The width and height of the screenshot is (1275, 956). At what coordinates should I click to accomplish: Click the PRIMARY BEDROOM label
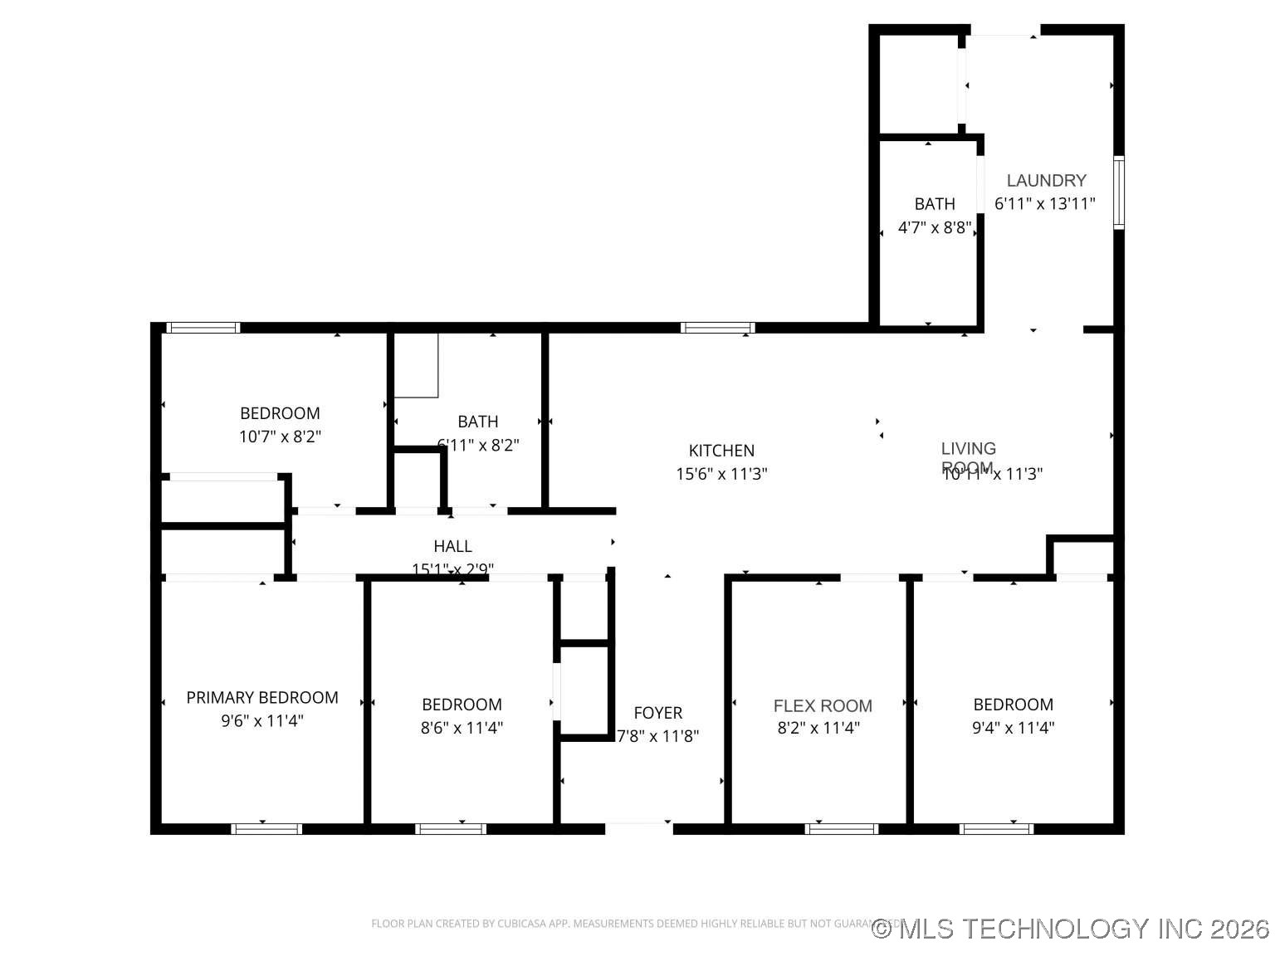coord(262,698)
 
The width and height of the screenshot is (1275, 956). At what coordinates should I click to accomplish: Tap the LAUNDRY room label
coord(1046,181)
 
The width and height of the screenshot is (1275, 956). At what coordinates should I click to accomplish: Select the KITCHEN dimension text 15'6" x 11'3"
coord(721,474)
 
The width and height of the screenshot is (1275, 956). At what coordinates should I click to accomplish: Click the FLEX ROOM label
coord(823,706)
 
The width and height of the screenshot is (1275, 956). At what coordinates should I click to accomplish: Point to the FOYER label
coord(657,713)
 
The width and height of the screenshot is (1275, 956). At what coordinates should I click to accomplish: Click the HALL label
coord(452,546)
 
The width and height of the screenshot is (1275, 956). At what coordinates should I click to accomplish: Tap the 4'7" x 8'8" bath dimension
coord(935,227)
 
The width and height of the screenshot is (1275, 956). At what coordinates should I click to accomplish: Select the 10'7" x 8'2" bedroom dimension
coord(280,437)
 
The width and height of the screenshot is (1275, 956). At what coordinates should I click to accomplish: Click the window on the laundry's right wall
coord(1118,193)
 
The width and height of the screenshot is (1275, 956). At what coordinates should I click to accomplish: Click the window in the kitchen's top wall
coord(717,328)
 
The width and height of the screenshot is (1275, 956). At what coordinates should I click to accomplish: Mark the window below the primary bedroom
coord(266,828)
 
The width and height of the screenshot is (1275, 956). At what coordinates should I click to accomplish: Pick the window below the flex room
coord(841,828)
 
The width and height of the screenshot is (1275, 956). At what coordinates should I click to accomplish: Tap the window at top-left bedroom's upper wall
coord(203,328)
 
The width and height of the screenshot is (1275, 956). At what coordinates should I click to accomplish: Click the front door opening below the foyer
coord(638,827)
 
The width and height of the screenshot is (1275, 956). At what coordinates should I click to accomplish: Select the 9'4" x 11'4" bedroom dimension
coord(1013,728)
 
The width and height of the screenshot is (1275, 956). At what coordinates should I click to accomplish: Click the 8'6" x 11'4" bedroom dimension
coord(462,728)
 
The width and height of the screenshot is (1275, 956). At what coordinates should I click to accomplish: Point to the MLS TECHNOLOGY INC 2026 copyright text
coord(1071,928)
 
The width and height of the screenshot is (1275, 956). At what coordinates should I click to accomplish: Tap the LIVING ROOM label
coord(968,457)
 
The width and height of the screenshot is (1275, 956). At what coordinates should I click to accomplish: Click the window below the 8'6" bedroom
coord(450,828)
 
